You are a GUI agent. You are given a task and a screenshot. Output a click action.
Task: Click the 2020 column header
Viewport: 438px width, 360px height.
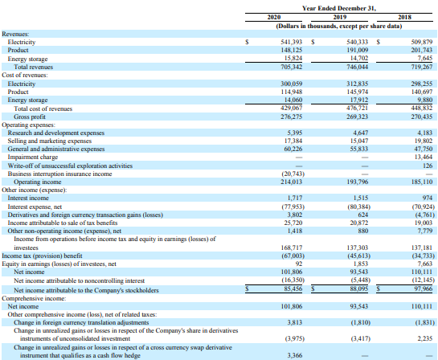coord(274,17)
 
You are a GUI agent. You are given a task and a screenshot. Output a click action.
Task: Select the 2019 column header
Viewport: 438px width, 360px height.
coord(340,17)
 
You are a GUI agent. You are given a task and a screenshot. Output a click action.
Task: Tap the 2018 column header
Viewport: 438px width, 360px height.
coord(405,17)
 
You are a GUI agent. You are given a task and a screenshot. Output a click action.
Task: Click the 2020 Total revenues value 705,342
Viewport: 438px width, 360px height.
coord(292,67)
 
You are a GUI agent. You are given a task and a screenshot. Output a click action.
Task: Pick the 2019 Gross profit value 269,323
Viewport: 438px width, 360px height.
coord(358,117)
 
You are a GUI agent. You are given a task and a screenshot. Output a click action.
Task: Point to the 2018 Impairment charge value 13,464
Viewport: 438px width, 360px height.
coord(424,157)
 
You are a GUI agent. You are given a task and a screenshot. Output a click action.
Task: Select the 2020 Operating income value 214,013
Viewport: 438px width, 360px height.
coord(292,182)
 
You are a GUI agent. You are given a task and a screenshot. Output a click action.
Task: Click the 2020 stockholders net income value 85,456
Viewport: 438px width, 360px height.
coord(293,288)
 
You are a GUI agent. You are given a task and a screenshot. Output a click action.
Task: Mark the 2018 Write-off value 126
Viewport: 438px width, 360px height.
coord(428,166)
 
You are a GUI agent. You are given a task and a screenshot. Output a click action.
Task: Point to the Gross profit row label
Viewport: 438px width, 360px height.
coord(30,117)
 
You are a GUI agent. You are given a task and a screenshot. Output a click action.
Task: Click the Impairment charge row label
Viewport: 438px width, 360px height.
coord(33,157)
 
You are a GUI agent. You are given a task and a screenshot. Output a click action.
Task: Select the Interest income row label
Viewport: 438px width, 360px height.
coord(28,198)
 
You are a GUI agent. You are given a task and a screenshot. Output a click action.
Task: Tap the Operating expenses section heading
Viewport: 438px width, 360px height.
coord(28,125)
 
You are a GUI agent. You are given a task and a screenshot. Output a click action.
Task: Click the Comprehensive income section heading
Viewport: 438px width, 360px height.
coord(34,298)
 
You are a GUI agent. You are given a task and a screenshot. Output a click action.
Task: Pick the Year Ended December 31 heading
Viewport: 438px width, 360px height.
coord(339,8)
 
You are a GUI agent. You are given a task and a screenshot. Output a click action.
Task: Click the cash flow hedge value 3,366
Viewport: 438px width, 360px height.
coord(295,355)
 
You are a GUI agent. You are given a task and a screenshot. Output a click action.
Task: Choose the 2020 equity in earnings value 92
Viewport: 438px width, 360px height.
coord(299,264)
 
